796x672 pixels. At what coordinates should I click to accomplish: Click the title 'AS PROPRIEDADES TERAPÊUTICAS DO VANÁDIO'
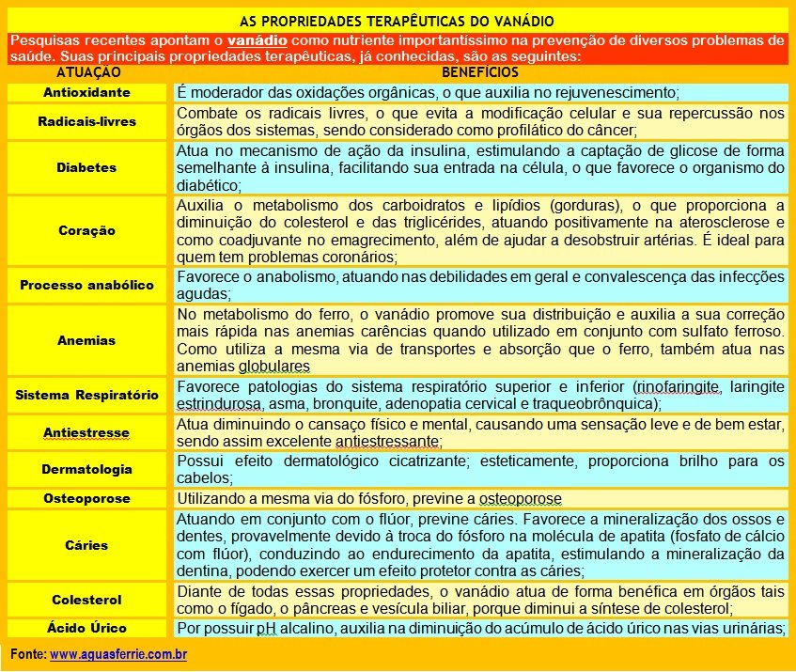(x=398, y=20)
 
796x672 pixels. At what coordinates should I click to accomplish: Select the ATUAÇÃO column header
(x=87, y=71)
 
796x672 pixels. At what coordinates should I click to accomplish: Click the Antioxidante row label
(x=87, y=93)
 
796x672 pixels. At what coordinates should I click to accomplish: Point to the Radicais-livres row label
(x=87, y=121)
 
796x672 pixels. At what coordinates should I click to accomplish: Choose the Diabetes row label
(x=87, y=167)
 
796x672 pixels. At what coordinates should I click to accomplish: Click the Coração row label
(x=87, y=230)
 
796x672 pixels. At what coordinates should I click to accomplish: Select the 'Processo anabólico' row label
(x=87, y=285)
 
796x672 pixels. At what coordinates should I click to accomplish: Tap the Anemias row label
(x=87, y=340)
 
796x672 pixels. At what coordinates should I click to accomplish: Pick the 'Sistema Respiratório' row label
(x=87, y=396)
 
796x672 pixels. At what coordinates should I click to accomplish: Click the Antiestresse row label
(x=87, y=432)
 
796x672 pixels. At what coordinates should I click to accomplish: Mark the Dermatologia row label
(x=87, y=469)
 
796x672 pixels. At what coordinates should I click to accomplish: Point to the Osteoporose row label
(x=87, y=498)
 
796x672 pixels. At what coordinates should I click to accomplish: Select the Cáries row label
(x=87, y=545)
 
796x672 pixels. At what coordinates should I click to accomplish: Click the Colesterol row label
(x=87, y=600)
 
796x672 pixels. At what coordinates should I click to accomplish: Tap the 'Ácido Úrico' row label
(x=87, y=628)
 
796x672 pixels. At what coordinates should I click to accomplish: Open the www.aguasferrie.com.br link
(x=118, y=653)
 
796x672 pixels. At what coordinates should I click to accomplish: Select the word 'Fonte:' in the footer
(x=28, y=653)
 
